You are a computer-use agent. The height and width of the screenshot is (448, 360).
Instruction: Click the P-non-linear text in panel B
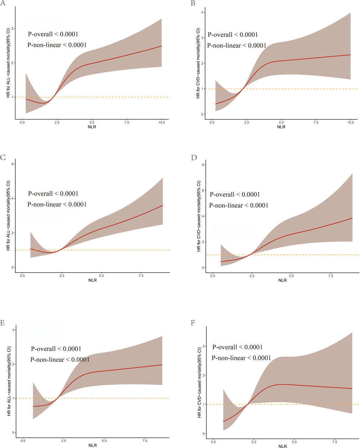[x=237, y=46]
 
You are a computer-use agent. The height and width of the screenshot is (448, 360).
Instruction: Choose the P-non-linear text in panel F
[x=241, y=358]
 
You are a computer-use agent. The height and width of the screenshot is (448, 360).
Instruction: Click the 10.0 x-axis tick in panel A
[x=161, y=122]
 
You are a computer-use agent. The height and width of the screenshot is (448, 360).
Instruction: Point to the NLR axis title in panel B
[x=281, y=127]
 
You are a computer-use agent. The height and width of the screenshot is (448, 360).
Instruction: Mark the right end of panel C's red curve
[x=163, y=205]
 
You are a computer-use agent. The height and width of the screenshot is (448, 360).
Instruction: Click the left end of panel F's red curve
[x=223, y=421]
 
